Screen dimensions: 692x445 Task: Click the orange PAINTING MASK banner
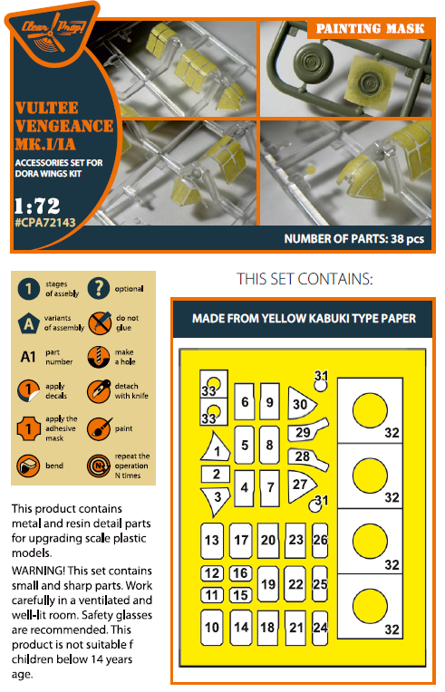[370, 29]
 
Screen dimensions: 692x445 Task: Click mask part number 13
[212, 541]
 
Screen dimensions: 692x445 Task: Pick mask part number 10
[212, 626]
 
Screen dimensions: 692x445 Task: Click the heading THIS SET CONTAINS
[304, 278]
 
